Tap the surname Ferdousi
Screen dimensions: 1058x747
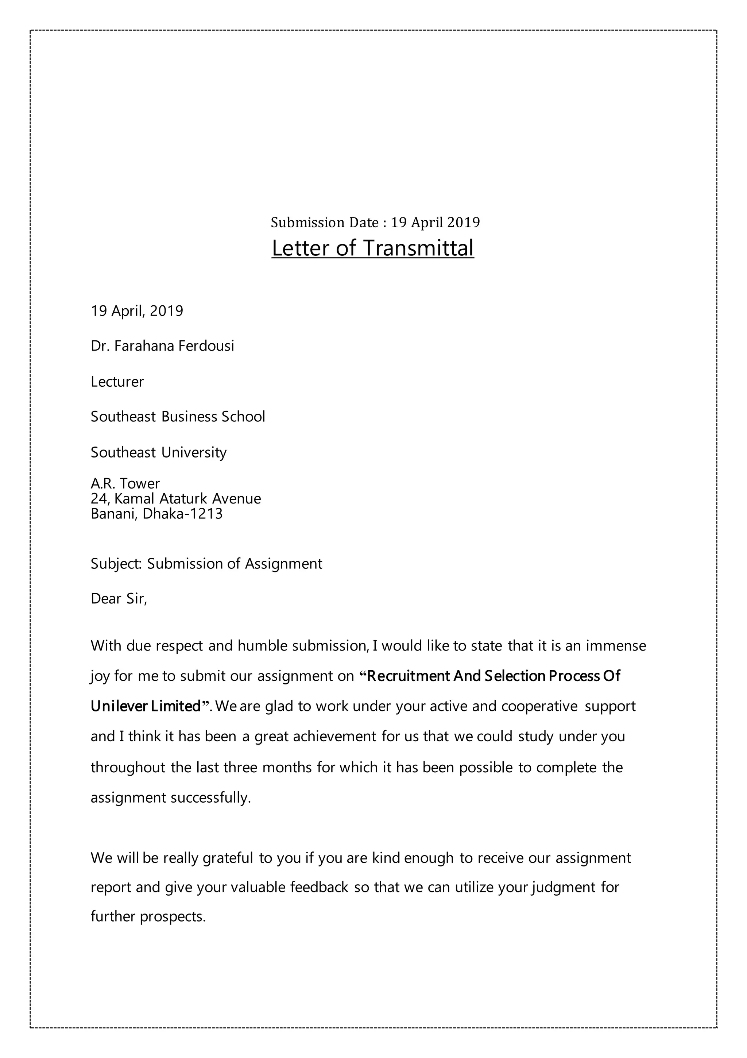coord(206,346)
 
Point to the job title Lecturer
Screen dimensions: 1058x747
coord(117,382)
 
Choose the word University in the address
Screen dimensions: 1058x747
coord(194,452)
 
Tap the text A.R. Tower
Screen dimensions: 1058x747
coord(125,483)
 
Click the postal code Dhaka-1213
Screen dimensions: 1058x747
coord(182,513)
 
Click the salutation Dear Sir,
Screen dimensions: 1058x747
coord(119,599)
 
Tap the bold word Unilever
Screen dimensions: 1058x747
coord(119,706)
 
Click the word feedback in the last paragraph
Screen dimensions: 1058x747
coord(319,888)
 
